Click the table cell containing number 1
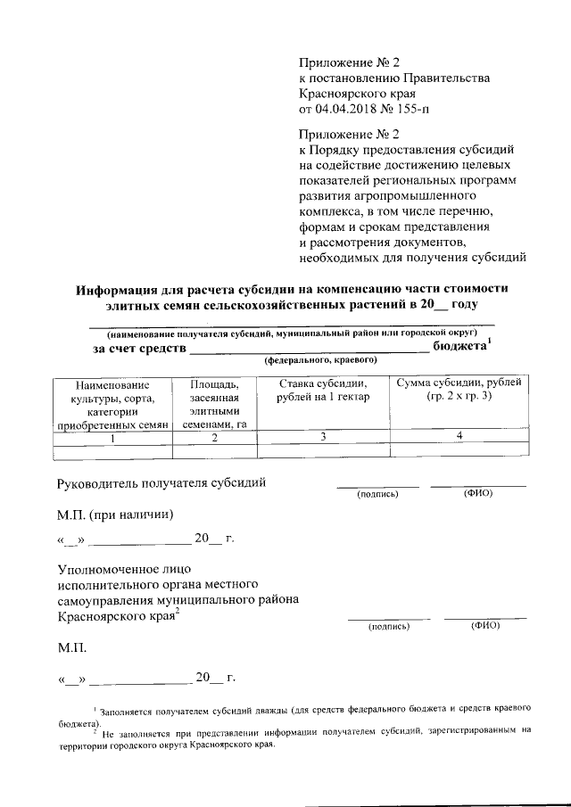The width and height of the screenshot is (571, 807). click(x=112, y=438)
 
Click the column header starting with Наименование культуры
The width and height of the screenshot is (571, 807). click(x=112, y=404)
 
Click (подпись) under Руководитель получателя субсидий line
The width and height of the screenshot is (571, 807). click(x=377, y=493)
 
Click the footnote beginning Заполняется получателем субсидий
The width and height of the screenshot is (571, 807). click(x=312, y=709)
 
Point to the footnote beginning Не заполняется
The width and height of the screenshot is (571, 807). click(x=312, y=731)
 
